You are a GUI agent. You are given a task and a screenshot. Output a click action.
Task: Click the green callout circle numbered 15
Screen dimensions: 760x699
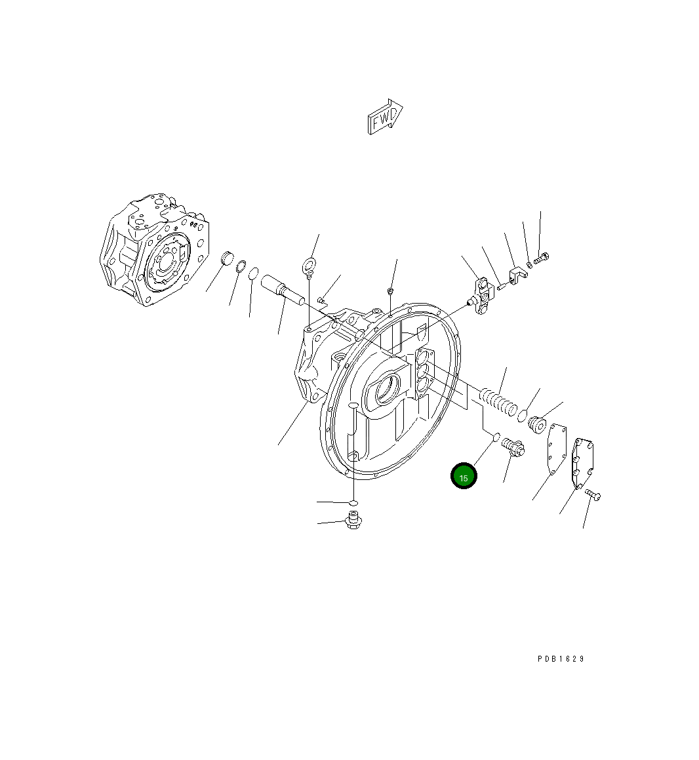[464, 477]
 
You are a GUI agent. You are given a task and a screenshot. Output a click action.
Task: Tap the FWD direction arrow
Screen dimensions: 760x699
[385, 117]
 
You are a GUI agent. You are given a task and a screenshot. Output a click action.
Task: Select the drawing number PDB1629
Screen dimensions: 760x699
[560, 658]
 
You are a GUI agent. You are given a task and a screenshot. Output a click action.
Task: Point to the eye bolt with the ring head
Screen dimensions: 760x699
[308, 266]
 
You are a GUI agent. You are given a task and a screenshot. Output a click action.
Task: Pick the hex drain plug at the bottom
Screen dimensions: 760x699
[353, 522]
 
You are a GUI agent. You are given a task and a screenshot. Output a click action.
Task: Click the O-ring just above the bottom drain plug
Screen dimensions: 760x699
[353, 503]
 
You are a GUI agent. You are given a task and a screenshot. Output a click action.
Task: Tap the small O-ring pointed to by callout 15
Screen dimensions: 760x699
[496, 436]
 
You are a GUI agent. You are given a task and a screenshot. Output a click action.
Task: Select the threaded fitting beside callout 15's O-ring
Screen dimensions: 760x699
[513, 448]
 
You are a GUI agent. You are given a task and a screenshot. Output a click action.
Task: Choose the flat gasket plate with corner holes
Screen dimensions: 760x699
[557, 448]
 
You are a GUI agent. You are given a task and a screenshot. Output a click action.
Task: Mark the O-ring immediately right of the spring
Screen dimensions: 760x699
[523, 414]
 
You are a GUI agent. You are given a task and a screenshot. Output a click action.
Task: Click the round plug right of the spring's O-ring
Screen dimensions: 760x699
[538, 425]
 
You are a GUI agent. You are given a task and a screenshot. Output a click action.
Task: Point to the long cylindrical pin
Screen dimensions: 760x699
[282, 290]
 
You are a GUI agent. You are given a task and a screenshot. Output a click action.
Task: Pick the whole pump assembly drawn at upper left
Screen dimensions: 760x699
[155, 249]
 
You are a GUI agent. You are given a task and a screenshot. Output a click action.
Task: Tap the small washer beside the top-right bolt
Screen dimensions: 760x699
[529, 264]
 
